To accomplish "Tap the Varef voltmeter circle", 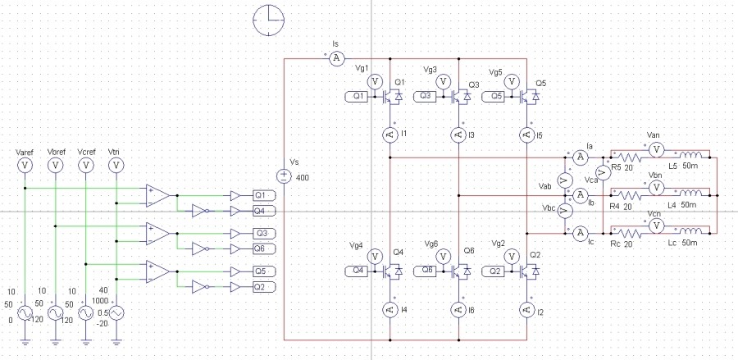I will click(25, 165).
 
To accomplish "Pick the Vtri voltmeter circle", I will click(116, 165).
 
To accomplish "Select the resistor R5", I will click(630, 157).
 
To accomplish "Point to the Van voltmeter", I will click(655, 148).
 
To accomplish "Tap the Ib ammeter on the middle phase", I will click(580, 195).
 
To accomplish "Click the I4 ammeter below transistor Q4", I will click(389, 309).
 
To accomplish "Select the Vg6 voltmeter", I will click(443, 257).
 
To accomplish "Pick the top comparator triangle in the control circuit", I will click(157, 195).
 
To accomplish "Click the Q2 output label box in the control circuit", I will click(264, 286).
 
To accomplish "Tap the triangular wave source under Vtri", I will click(116, 313).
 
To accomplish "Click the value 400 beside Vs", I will click(303, 178).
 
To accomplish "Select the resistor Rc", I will click(630, 233).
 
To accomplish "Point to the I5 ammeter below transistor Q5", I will click(526, 134).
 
